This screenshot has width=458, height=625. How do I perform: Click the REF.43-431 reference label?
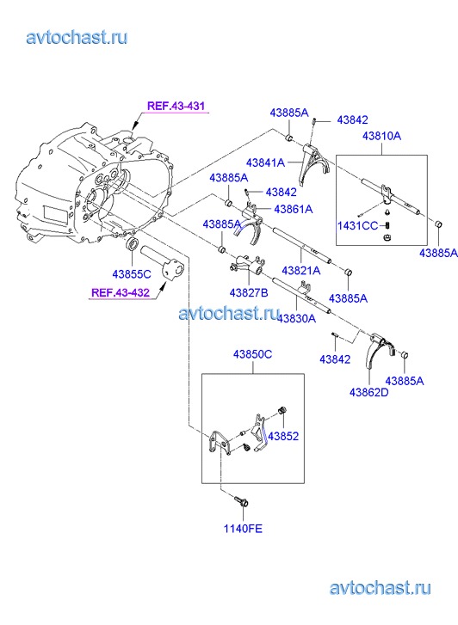click(x=176, y=106)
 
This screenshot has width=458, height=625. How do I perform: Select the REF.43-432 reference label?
click(x=121, y=292)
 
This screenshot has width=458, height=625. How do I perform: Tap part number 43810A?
click(x=381, y=136)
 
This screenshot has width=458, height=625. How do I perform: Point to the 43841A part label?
click(x=265, y=162)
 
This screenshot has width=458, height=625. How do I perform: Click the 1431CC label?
click(x=357, y=226)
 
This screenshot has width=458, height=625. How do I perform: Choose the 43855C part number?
click(x=132, y=274)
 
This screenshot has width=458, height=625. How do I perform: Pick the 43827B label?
click(x=249, y=293)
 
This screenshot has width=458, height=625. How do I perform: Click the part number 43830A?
click(x=296, y=318)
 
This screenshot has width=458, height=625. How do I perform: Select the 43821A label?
click(x=301, y=270)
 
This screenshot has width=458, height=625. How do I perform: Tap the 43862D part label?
click(x=369, y=393)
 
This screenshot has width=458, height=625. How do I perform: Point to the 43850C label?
click(x=253, y=354)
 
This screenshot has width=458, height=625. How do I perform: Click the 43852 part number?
click(x=283, y=436)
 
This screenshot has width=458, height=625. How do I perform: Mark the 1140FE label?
click(x=243, y=529)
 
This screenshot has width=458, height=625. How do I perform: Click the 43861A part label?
click(x=294, y=209)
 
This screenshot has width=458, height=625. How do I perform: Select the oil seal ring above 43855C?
click(x=133, y=243)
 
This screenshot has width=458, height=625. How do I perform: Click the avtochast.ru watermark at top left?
click(x=77, y=38)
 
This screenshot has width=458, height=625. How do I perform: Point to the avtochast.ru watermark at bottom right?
click(x=381, y=588)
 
